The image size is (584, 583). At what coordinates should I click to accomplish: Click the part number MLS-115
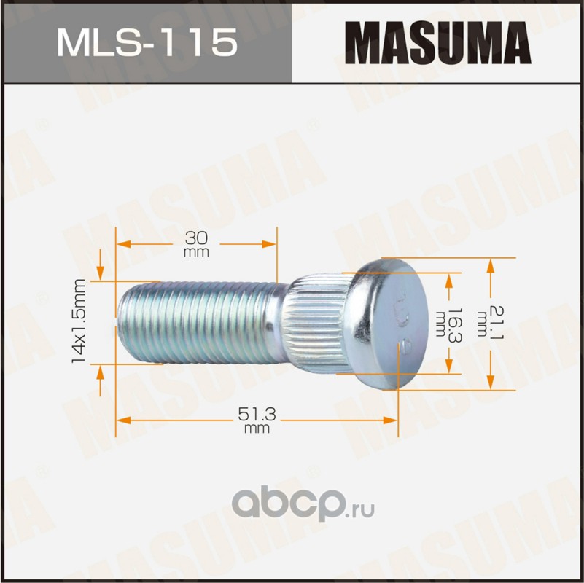[x=147, y=42]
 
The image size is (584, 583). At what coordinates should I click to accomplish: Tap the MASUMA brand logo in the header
[x=438, y=42]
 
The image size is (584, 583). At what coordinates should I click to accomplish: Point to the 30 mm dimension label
[x=196, y=244]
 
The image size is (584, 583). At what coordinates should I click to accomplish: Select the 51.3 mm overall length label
[x=257, y=420]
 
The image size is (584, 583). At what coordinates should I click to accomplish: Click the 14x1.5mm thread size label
[x=79, y=321]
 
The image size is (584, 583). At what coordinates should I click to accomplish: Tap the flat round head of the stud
[x=388, y=323]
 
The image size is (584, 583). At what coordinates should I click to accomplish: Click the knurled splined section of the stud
[x=316, y=323]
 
